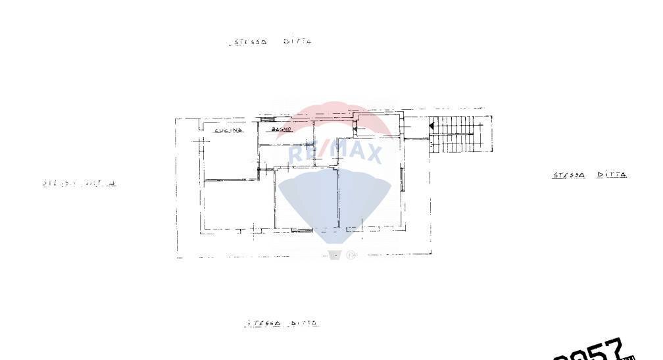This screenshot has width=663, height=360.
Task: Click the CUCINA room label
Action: click(x=228, y=130)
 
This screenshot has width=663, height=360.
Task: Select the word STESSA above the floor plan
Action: click(x=249, y=42)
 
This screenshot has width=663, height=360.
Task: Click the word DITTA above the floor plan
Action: click(x=297, y=41)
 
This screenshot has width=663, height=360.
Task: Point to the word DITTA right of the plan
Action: click(x=612, y=175)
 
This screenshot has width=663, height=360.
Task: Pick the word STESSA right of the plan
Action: click(x=569, y=175)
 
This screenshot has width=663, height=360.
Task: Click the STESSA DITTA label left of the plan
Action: click(x=79, y=183)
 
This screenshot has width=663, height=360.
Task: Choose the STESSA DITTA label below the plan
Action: click(x=283, y=323)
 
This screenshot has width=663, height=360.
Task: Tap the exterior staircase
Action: click(x=460, y=134)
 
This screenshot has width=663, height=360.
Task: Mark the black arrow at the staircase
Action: click(x=431, y=124)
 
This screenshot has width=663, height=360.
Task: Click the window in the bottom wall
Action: click(x=301, y=230)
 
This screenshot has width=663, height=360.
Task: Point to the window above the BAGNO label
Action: click(x=267, y=120)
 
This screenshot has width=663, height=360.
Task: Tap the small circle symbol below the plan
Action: click(x=351, y=255)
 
